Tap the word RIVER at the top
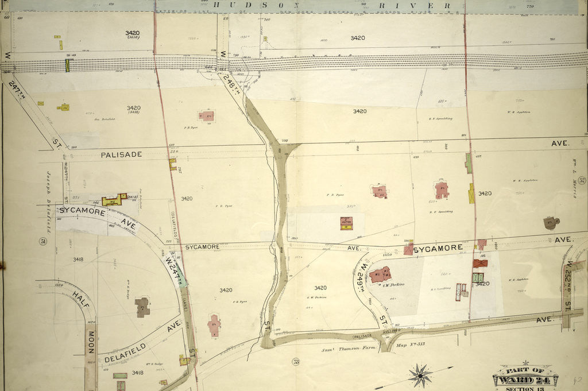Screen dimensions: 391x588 point(413,6)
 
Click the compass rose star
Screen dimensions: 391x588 point(421,375)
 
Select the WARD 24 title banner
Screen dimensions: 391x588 point(525,380)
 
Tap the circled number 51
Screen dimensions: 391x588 point(42,241)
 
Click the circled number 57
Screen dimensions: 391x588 point(582,181)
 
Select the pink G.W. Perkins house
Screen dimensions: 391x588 point(380,274)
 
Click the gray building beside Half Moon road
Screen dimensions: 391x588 point(142,307)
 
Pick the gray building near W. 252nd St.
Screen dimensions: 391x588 point(551,223)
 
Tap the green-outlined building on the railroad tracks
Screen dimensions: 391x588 point(67,65)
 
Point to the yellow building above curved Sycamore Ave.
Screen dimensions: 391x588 point(115,200)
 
